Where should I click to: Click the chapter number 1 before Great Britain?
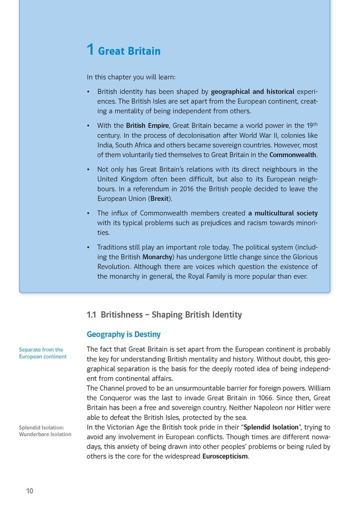click(x=90, y=50)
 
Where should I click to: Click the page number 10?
click(x=30, y=491)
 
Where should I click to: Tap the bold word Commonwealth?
click(x=293, y=155)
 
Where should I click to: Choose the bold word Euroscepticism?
click(x=225, y=456)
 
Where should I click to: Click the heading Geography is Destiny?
click(x=124, y=334)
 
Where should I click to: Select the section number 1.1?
click(x=91, y=315)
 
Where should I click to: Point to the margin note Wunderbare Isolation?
click(x=45, y=434)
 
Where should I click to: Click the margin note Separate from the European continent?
click(x=42, y=353)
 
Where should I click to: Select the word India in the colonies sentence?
click(x=105, y=145)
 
